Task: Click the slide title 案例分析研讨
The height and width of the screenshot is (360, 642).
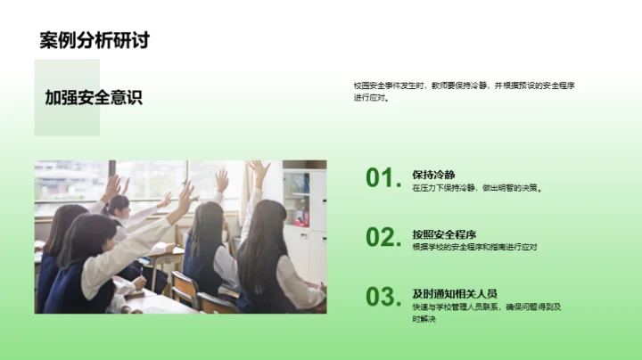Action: pyautogui.click(x=94, y=40)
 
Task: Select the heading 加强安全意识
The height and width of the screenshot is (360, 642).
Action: pyautogui.click(x=94, y=98)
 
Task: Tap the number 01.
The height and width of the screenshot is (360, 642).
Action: pyautogui.click(x=383, y=178)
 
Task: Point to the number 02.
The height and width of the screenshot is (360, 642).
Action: pyautogui.click(x=383, y=237)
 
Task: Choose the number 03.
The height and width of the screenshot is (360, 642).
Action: pyautogui.click(x=383, y=296)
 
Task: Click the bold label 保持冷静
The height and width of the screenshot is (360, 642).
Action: pyautogui.click(x=433, y=175)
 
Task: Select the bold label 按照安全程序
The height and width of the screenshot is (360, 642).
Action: pyautogui.click(x=444, y=234)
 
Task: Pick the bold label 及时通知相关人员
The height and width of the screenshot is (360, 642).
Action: pyautogui.click(x=455, y=293)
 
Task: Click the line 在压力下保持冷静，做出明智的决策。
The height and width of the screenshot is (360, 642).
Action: pyautogui.click(x=477, y=189)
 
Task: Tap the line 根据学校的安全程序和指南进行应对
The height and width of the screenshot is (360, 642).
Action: pyautogui.click(x=474, y=247)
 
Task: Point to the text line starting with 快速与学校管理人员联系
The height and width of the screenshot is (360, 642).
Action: pyautogui.click(x=487, y=307)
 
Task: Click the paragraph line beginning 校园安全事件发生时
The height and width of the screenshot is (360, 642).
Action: pyautogui.click(x=464, y=86)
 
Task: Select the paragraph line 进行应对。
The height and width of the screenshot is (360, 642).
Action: pyautogui.click(x=373, y=98)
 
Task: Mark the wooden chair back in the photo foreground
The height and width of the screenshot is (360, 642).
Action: pyautogui.click(x=184, y=289)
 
